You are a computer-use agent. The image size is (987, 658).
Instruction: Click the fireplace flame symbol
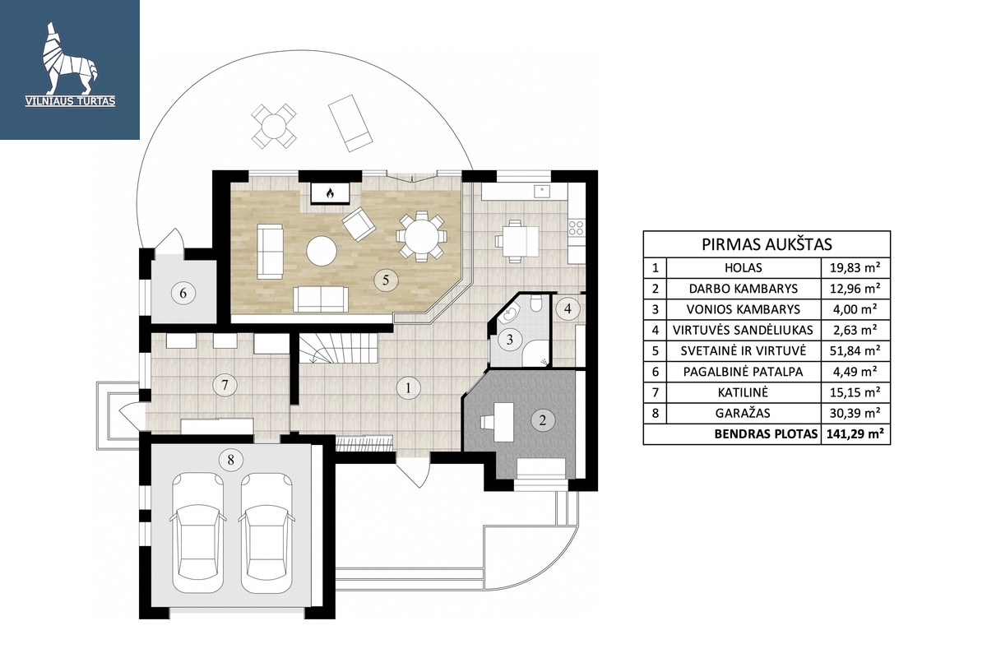point(330,193)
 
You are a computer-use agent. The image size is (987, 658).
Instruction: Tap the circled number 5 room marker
point(386,280)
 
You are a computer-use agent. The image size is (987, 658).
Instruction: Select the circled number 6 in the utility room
point(183,293)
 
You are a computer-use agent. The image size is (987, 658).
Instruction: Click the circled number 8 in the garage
point(230,461)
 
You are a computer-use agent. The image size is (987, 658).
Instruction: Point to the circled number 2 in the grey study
point(542,420)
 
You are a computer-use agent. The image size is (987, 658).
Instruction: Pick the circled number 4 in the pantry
point(568,308)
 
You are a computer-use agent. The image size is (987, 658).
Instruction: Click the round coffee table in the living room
point(322,251)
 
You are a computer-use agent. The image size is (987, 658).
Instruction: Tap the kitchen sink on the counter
point(541,192)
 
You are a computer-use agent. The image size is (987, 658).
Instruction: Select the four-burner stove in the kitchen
point(576,228)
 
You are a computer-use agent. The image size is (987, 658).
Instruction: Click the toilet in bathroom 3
point(536,304)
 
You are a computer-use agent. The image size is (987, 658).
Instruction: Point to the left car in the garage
point(198,532)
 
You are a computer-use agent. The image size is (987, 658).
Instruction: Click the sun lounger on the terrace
point(350,123)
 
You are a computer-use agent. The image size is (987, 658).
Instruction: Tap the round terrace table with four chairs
point(274,126)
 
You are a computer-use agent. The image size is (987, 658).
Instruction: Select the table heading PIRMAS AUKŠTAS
point(767,244)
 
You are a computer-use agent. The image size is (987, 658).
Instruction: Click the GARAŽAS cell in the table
point(743,413)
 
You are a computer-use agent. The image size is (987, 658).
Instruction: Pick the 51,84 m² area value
point(855,351)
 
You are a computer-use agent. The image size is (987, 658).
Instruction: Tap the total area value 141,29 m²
point(855,433)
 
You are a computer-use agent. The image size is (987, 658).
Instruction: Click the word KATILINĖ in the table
point(743,392)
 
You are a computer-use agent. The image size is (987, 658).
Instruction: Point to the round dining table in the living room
point(421,236)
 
